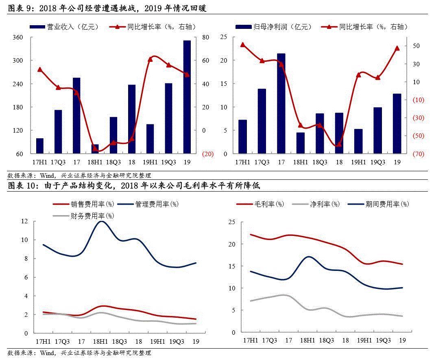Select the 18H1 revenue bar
95,149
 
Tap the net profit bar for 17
281,103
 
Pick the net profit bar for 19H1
358,141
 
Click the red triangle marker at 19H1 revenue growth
150,59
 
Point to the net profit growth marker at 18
339,144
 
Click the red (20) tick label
207,154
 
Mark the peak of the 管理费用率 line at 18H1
100,221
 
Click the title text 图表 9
18,8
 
